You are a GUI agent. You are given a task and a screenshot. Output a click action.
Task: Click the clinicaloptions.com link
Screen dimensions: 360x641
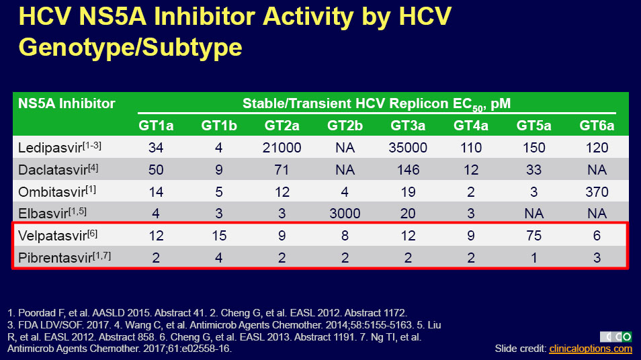(x=590, y=349)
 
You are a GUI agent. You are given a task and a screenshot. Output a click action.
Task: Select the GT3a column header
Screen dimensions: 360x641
(x=408, y=125)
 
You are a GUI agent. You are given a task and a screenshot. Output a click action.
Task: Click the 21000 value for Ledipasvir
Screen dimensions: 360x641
(x=282, y=147)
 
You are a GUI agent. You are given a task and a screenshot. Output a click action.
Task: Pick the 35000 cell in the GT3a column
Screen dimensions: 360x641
(x=408, y=147)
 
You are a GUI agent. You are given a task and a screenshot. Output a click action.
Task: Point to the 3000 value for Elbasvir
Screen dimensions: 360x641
(x=344, y=214)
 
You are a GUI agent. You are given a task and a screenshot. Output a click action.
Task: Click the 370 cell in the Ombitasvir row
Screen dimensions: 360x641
(x=597, y=191)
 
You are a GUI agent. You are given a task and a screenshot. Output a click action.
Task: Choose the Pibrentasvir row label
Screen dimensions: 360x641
(x=56, y=258)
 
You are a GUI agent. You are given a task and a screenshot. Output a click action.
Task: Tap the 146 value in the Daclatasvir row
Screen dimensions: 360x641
(x=408, y=169)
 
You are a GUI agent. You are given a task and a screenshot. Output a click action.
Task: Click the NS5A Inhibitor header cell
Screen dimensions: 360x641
(x=67, y=103)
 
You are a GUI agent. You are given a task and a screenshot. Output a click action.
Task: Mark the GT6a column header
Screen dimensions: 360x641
(x=597, y=125)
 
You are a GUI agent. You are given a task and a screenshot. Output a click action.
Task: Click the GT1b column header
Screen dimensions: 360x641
(x=219, y=125)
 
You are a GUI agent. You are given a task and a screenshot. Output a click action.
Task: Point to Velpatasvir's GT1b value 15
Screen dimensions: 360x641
(x=219, y=236)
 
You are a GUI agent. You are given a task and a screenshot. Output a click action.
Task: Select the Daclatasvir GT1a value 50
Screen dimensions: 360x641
(x=156, y=169)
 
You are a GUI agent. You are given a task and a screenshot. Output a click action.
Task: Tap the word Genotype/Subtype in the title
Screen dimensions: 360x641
(x=130, y=47)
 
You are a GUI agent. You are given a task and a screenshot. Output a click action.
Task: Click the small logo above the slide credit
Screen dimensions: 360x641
(x=615, y=336)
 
